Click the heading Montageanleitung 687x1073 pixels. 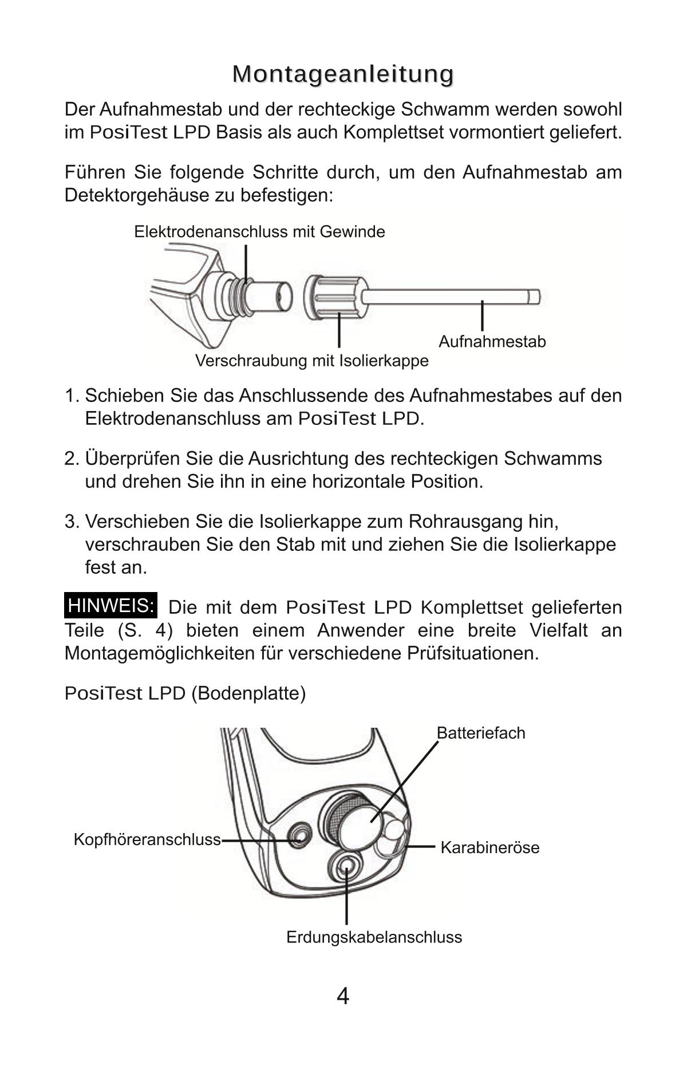[x=343, y=74]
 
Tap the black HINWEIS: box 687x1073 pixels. [x=111, y=606]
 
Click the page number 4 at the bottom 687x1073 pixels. [x=342, y=997]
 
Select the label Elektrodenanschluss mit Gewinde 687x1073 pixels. [x=259, y=232]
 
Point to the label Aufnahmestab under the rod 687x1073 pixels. [x=492, y=342]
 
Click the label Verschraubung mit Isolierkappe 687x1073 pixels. [x=311, y=361]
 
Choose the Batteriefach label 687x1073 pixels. [x=480, y=733]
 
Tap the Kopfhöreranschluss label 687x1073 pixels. [x=147, y=839]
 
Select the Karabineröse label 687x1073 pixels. [x=489, y=847]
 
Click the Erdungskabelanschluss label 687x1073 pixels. [x=374, y=937]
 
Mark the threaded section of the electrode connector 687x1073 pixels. [x=241, y=296]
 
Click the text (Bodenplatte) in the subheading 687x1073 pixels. [x=248, y=693]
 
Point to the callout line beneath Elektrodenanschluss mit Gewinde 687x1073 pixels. [x=246, y=261]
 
